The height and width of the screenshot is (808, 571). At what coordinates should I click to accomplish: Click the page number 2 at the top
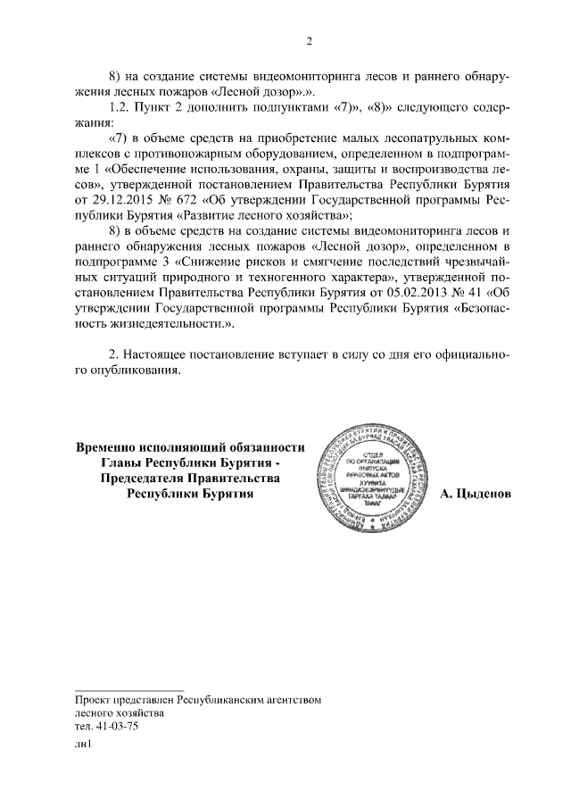[x=308, y=41]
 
